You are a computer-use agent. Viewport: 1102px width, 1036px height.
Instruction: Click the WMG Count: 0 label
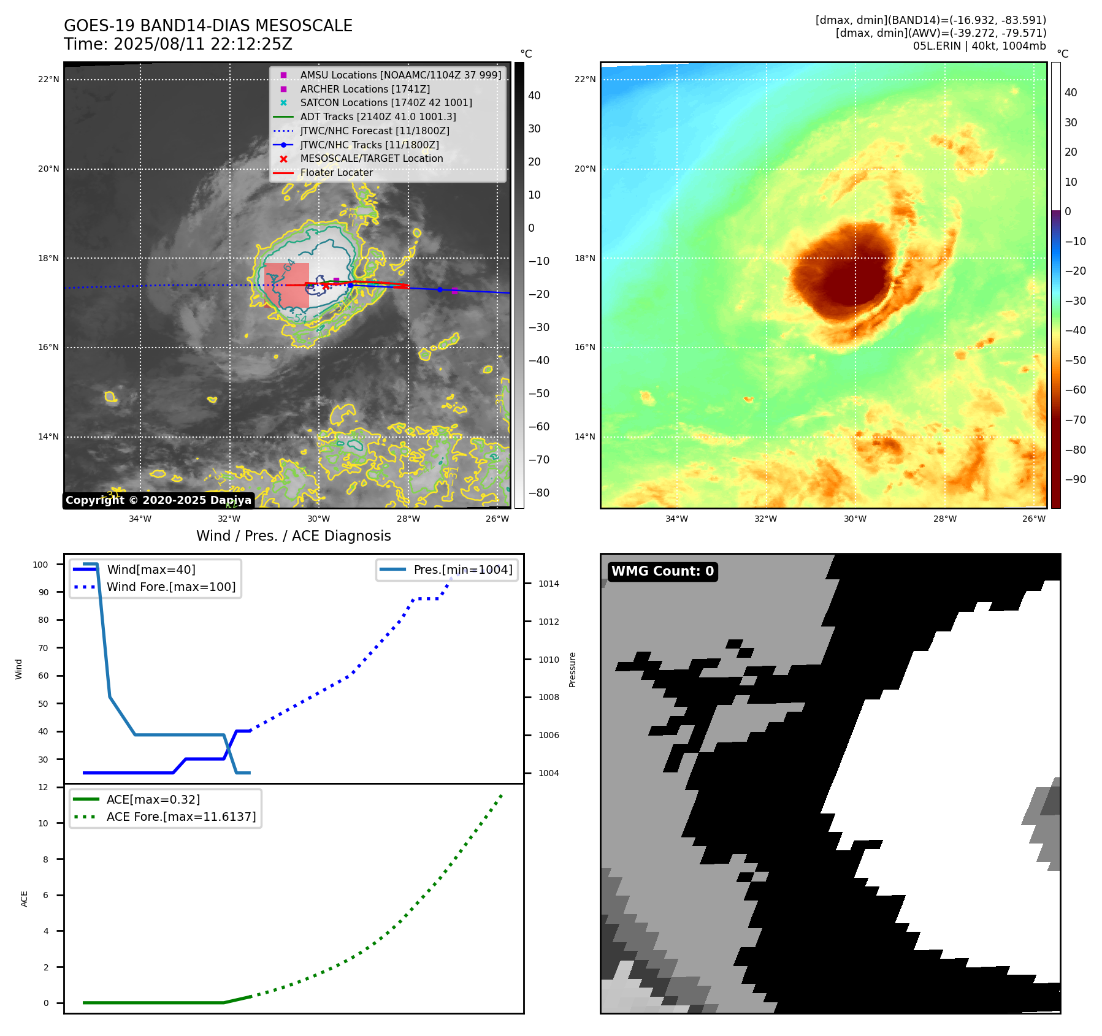[662, 571]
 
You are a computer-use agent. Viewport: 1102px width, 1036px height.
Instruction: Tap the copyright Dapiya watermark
[158, 500]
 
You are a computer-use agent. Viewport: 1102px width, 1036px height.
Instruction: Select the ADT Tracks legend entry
[378, 116]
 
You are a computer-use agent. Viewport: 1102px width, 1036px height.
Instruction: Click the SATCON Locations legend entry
[386, 102]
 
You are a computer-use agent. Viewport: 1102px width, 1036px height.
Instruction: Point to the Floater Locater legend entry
[336, 173]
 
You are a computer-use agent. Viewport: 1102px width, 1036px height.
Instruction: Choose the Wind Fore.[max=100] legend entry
[171, 587]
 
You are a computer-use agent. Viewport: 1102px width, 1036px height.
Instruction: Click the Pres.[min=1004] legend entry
[462, 569]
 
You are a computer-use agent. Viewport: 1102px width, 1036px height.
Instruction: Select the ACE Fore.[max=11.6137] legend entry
[181, 817]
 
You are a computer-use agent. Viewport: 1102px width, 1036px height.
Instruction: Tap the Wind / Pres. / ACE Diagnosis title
[293, 536]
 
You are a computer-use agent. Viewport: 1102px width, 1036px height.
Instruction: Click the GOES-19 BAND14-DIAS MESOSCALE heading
[208, 26]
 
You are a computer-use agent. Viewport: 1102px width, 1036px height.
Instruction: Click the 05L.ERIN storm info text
[979, 46]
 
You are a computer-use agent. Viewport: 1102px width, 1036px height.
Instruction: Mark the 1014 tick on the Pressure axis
[548, 584]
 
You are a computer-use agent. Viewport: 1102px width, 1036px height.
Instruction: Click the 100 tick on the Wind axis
[40, 565]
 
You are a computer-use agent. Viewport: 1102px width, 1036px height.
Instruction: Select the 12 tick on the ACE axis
[43, 787]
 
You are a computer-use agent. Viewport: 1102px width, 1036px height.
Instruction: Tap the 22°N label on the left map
[48, 79]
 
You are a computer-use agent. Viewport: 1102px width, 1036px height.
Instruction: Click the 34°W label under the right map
[676, 519]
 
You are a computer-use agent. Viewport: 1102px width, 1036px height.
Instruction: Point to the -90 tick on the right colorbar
[1075, 479]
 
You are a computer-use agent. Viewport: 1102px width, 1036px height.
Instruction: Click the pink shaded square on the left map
[286, 286]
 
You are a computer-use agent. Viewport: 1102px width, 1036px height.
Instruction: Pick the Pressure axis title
[572, 669]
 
